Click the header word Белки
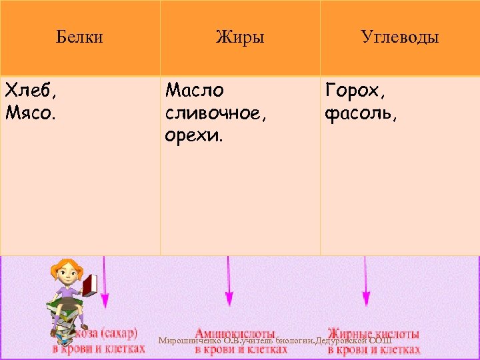tap(79, 37)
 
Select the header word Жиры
tap(240, 37)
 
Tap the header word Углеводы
tap(399, 37)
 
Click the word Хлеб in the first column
tap(28, 91)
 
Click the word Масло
tap(195, 89)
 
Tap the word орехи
tap(195, 137)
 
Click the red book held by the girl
tap(90, 285)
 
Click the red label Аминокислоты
tap(235, 332)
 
